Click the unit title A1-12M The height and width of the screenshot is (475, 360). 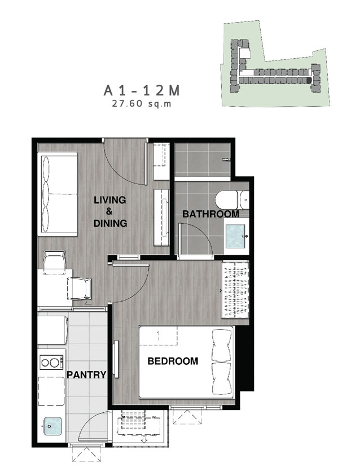[x=142, y=90]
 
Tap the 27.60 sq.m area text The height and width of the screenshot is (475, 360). [x=142, y=104]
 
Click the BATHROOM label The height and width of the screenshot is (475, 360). [x=211, y=214]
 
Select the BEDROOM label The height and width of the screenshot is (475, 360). [x=173, y=361]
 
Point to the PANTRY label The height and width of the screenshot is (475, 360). [x=86, y=374]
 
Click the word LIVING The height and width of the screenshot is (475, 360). [x=110, y=200]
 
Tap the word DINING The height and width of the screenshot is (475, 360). [x=110, y=223]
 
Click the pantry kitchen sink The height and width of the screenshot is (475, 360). [x=52, y=426]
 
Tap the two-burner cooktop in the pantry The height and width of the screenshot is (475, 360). [x=52, y=363]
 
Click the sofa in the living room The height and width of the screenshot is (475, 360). [x=58, y=194]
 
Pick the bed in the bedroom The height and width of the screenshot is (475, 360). [x=187, y=362]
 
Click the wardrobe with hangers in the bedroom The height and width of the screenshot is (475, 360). [x=235, y=290]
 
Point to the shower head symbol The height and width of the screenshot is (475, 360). [x=226, y=159]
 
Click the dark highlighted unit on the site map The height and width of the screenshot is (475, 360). [x=308, y=80]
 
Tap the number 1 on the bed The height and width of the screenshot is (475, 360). [x=158, y=334]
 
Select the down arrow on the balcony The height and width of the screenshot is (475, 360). [x=144, y=439]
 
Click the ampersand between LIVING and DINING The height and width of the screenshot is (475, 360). [x=109, y=211]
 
